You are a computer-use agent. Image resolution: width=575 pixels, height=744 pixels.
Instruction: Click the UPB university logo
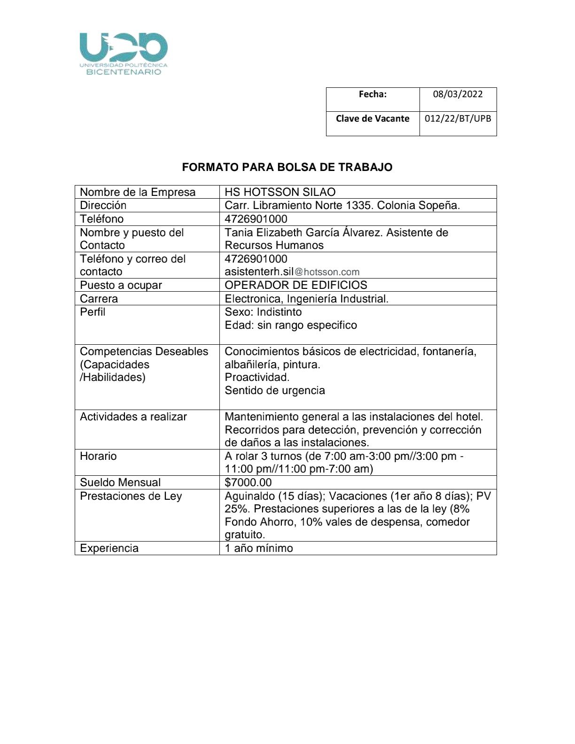tap(124, 54)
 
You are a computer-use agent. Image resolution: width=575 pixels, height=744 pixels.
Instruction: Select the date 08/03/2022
tap(458, 94)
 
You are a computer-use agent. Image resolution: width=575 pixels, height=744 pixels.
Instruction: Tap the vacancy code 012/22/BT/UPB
tap(458, 118)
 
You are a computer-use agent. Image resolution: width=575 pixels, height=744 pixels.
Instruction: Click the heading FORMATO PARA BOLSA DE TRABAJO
tap(287, 167)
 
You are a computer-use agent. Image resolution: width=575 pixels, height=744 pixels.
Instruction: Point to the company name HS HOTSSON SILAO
tap(280, 192)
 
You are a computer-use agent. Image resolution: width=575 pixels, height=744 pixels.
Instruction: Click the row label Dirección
tap(103, 205)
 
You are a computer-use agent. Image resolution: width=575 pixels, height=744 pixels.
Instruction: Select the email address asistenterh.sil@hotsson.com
tap(292, 271)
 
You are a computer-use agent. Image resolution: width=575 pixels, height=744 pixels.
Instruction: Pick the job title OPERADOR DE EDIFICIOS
tap(296, 285)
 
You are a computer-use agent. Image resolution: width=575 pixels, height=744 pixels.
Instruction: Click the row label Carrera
tap(99, 299)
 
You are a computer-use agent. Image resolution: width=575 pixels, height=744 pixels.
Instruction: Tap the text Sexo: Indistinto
tap(263, 312)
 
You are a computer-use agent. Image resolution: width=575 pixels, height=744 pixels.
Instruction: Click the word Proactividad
tap(257, 377)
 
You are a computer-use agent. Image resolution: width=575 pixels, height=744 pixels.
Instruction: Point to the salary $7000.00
tap(248, 482)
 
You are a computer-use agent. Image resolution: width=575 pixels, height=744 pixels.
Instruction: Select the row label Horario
tap(98, 456)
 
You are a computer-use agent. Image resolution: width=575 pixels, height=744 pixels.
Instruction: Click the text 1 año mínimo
tap(258, 548)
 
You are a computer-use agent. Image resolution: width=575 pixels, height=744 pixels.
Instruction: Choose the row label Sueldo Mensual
tap(120, 482)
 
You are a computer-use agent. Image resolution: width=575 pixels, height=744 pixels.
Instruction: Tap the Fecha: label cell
tap(373, 94)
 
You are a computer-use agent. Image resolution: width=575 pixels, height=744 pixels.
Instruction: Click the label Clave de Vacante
tap(373, 118)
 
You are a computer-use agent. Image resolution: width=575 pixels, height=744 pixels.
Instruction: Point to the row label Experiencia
tap(109, 548)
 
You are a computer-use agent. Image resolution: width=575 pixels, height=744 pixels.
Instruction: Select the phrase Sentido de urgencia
tap(275, 390)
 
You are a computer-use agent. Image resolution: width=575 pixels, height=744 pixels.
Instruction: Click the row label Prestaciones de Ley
tap(131, 496)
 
